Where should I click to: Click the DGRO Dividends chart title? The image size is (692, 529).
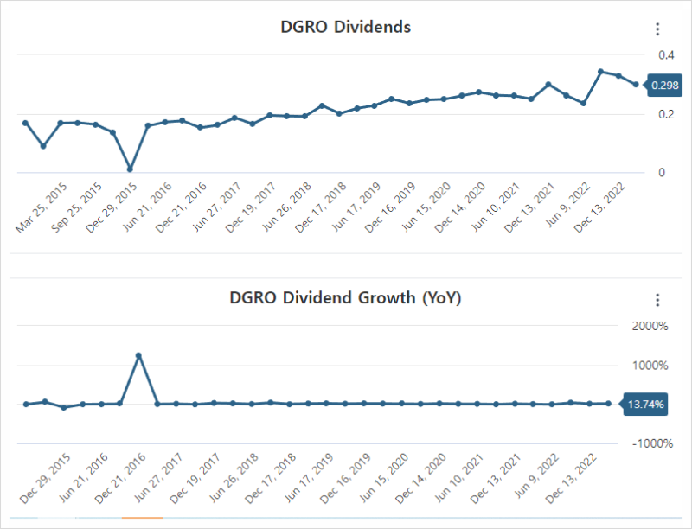point(345,27)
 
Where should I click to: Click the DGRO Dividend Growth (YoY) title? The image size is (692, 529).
point(345,299)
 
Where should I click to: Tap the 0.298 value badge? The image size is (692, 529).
point(664,85)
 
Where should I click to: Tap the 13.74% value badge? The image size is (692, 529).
point(646,404)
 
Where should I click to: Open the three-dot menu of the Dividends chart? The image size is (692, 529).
point(657,29)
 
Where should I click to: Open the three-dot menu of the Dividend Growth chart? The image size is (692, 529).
point(657,300)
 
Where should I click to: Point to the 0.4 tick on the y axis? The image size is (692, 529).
point(666,55)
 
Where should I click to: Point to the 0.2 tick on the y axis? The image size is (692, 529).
point(666,114)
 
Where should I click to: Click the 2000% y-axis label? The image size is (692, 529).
point(651,326)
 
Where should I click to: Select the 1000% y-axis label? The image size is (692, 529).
point(651,365)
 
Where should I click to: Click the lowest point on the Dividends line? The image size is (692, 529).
point(130,169)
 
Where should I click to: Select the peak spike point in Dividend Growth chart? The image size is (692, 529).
point(138,355)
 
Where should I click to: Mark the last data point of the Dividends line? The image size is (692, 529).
point(636,85)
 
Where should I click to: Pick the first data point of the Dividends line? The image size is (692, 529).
point(25,123)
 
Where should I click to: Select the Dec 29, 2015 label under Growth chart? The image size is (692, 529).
point(48,479)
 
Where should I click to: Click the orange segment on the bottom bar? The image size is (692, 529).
point(142,518)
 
